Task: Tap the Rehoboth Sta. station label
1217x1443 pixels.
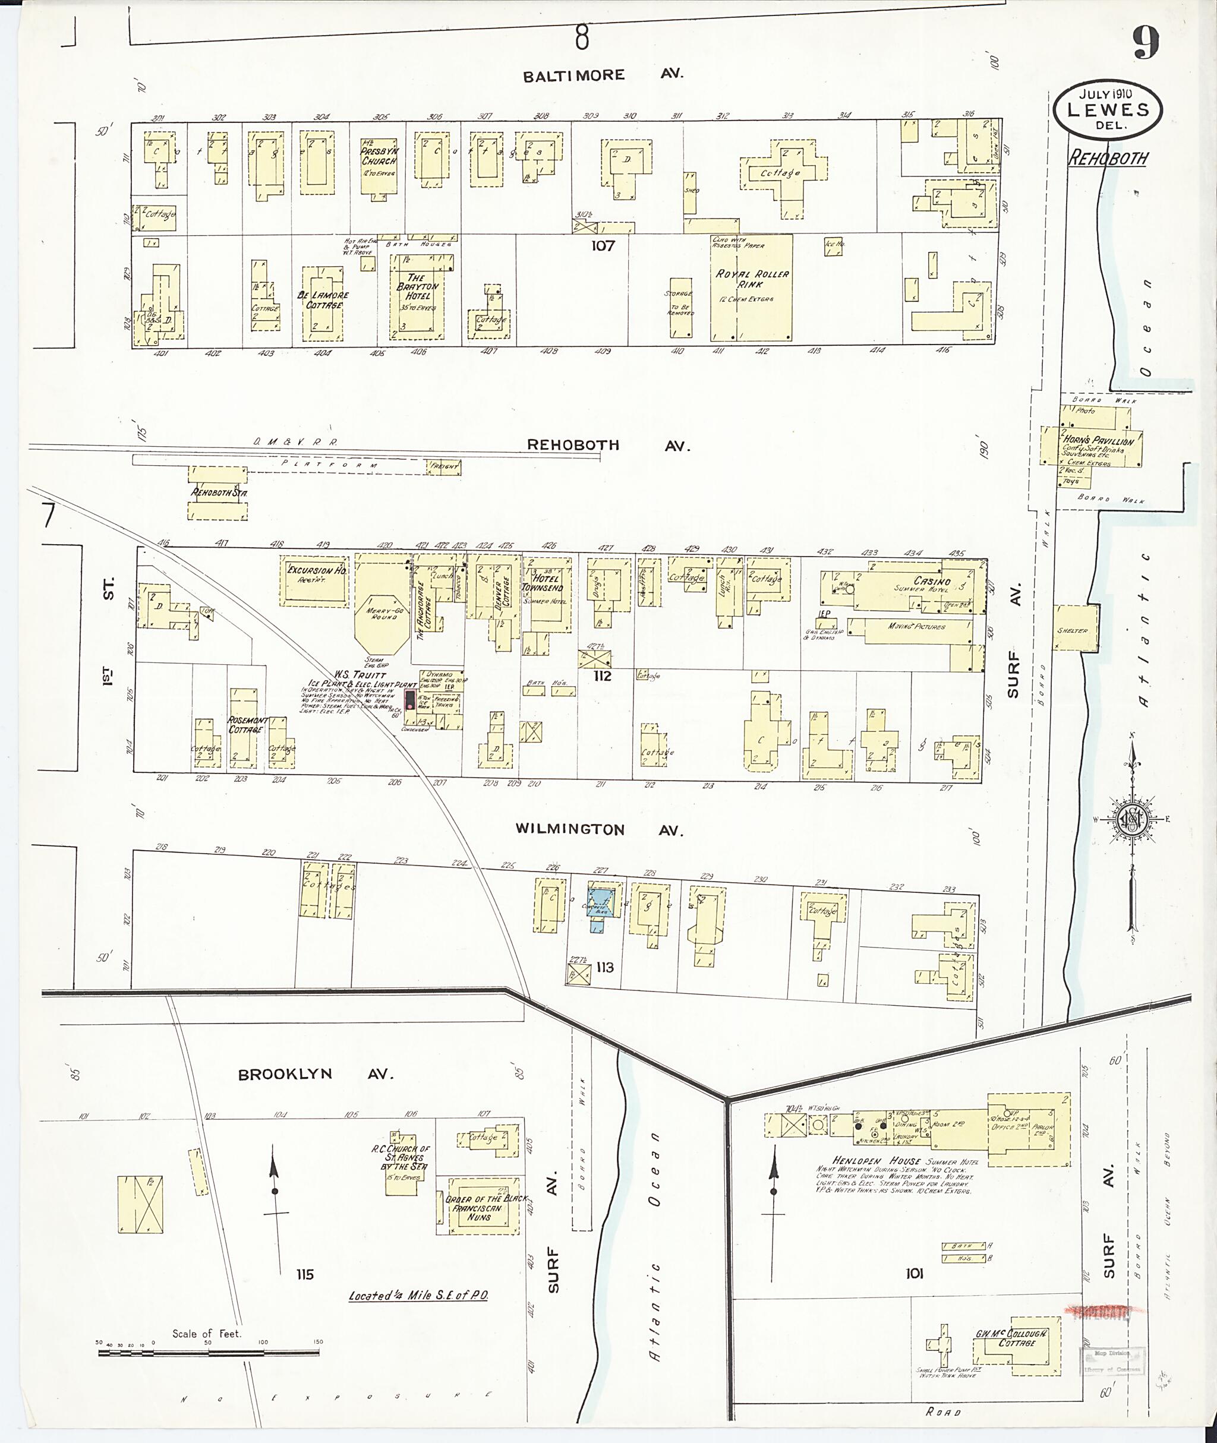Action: coord(219,493)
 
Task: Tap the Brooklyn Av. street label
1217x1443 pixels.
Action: coord(314,1074)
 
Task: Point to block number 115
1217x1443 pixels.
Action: coord(304,1274)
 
